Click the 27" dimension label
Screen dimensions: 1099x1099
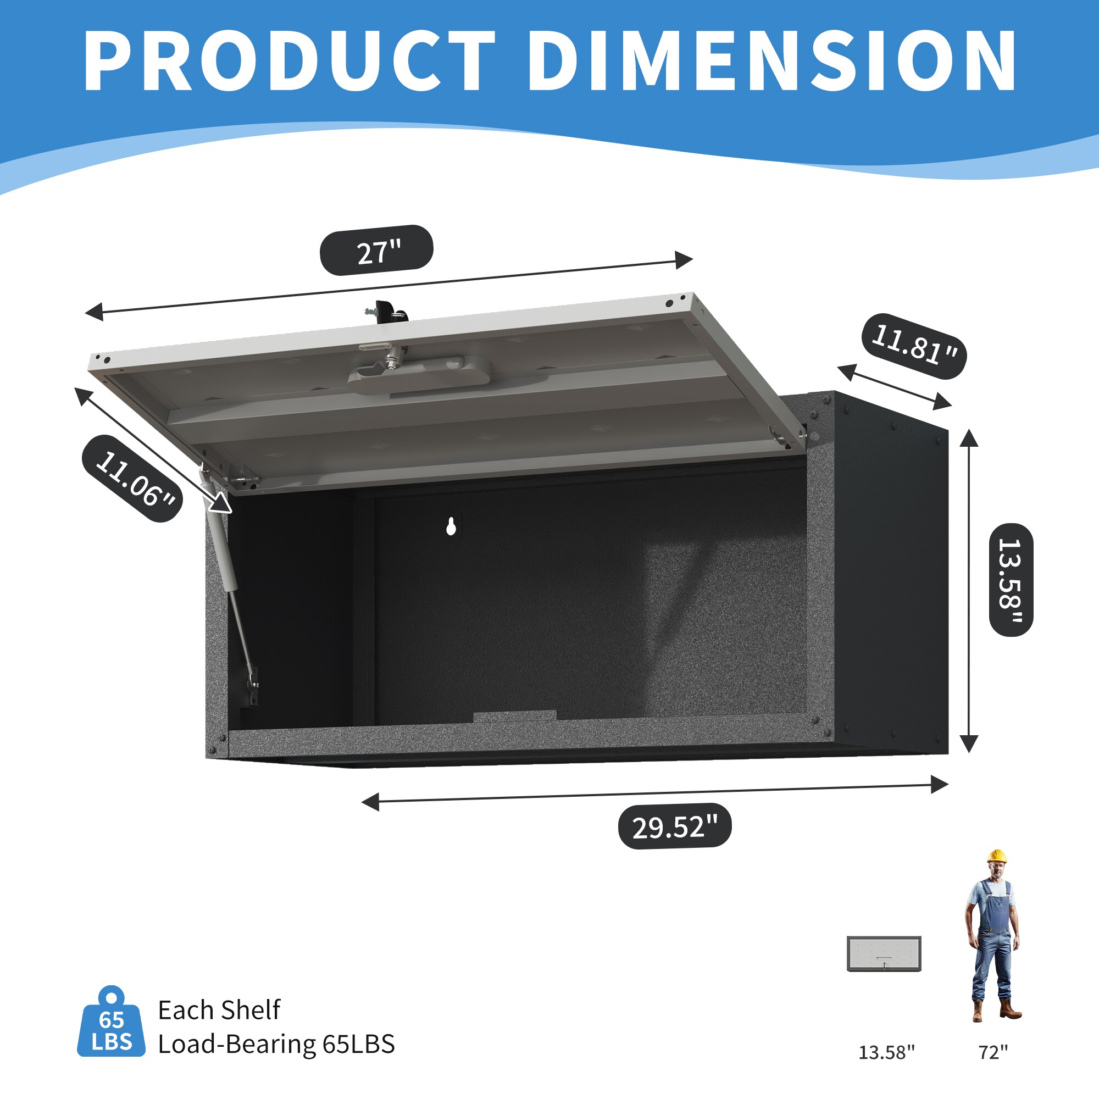tap(376, 250)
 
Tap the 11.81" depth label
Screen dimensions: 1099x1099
tap(914, 345)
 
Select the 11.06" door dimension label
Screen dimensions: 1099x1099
tap(132, 478)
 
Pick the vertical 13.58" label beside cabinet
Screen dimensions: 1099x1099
tap(1011, 580)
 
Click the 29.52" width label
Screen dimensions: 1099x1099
tap(675, 826)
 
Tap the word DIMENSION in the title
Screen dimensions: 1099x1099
tap(772, 61)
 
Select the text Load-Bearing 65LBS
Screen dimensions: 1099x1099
tap(276, 1044)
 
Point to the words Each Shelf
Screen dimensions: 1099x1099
tap(219, 1009)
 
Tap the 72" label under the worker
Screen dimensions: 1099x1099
tap(993, 1052)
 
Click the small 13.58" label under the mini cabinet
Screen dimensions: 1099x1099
tap(886, 1052)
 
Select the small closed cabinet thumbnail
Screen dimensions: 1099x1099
tap(884, 953)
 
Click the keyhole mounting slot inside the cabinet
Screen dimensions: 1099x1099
tap(451, 527)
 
